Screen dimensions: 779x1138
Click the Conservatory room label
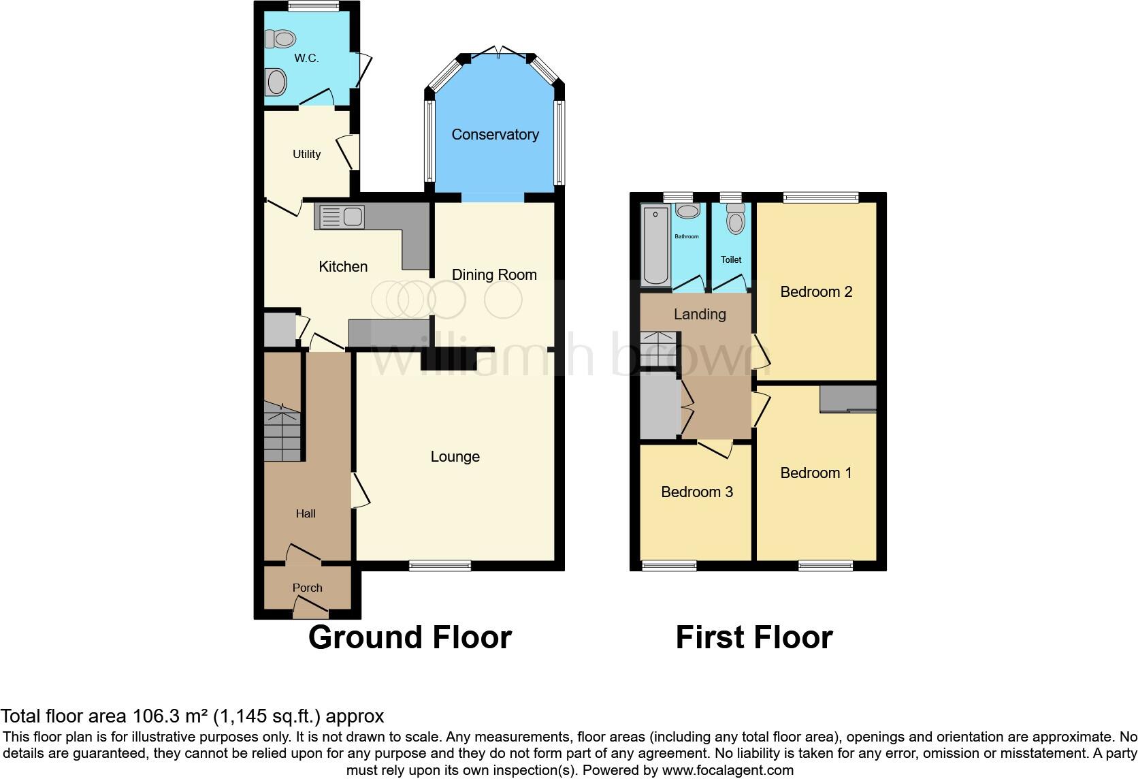(x=495, y=135)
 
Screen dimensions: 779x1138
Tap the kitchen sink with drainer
(x=339, y=217)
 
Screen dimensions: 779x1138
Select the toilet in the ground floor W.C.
(x=279, y=39)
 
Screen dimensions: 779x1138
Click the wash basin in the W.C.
(x=276, y=83)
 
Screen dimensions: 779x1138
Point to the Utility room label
(x=306, y=154)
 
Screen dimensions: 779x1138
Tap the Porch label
(x=307, y=588)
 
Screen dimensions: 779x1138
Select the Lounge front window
(x=440, y=565)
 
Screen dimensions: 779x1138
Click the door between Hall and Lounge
(x=359, y=490)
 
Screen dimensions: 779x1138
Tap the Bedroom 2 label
(x=815, y=292)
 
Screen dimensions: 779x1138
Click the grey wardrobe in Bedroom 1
(x=848, y=399)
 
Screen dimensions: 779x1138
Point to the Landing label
(x=700, y=314)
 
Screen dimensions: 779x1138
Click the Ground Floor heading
(x=410, y=637)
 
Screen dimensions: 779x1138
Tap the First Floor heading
(x=753, y=637)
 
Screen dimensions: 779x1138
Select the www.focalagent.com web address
(x=728, y=771)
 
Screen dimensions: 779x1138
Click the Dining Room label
(x=494, y=275)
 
